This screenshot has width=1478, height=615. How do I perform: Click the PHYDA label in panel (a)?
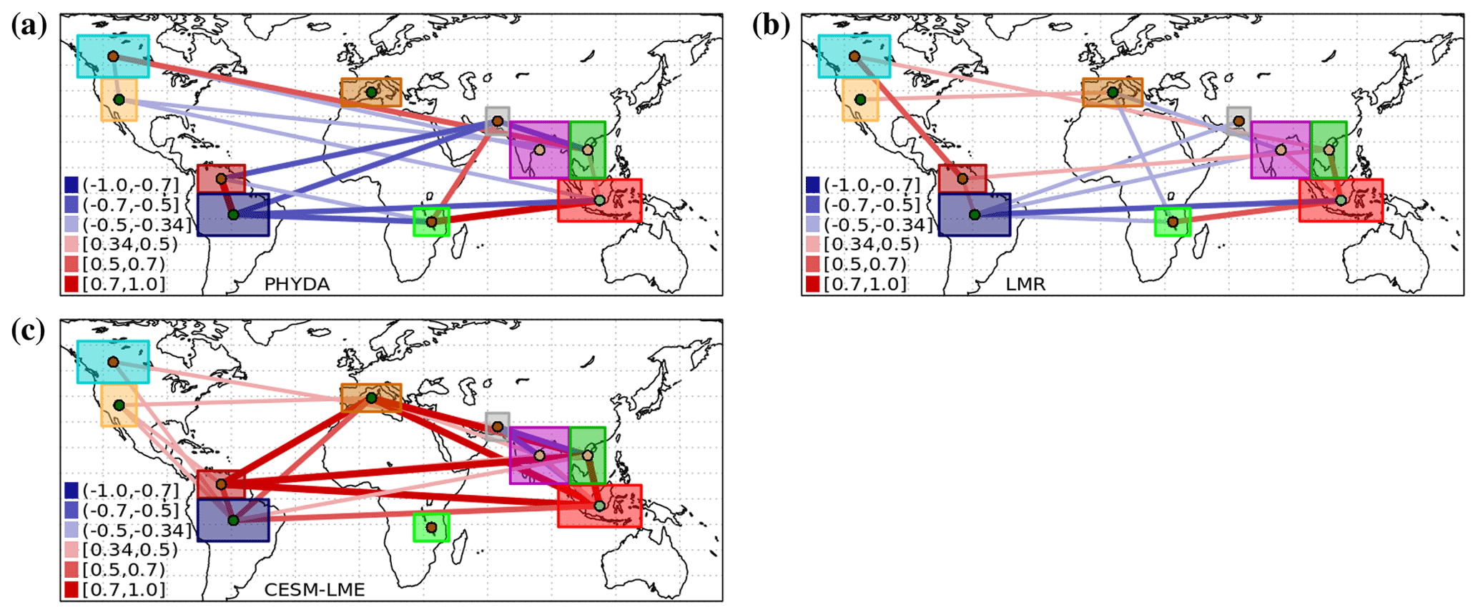[297, 284]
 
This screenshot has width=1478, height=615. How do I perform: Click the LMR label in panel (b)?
[1025, 284]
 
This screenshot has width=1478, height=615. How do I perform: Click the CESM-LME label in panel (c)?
[315, 590]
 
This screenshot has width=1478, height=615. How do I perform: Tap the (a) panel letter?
[29, 26]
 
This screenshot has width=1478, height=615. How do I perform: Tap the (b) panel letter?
[772, 26]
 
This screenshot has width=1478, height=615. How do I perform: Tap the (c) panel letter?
[29, 331]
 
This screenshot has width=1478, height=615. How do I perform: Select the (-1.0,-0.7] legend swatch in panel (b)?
[813, 184]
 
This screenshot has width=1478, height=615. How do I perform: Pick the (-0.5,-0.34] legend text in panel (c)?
[137, 530]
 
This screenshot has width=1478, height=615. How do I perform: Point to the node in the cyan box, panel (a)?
[113, 56]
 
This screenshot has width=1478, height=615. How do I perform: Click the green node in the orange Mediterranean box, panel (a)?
[371, 92]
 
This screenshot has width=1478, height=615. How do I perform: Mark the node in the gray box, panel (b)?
[1238, 122]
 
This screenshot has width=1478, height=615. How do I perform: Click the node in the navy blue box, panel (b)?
[974, 215]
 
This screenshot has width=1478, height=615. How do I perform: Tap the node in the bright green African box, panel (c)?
[431, 528]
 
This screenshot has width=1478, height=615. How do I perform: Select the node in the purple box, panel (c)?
[539, 456]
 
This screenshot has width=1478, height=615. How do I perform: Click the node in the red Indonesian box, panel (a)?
[599, 200]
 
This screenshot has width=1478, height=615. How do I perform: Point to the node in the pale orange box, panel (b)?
[860, 99]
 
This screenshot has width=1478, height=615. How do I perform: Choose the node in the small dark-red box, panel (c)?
[221, 484]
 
